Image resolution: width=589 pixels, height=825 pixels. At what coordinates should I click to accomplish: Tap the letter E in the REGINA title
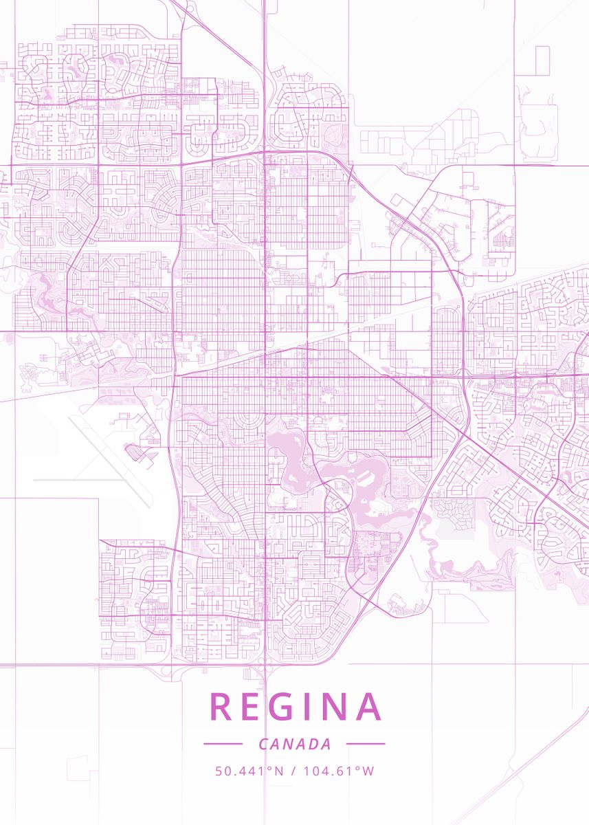254,707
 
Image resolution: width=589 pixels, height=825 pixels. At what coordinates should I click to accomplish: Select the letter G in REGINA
289,707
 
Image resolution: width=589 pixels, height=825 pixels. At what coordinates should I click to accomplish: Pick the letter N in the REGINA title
339,707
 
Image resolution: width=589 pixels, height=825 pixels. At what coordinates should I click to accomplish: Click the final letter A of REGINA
370,707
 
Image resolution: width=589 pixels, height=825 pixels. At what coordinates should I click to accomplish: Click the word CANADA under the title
295,744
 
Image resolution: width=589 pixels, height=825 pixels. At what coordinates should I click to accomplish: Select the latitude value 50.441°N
249,771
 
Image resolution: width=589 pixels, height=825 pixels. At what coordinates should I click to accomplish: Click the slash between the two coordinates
294,771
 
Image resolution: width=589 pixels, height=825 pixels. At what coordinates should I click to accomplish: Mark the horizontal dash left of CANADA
223,743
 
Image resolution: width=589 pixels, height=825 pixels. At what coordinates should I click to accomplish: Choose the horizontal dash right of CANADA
366,743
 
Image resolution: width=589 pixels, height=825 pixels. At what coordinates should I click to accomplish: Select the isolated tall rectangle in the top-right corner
542,60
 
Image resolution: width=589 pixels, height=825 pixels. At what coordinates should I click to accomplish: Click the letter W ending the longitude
368,771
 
